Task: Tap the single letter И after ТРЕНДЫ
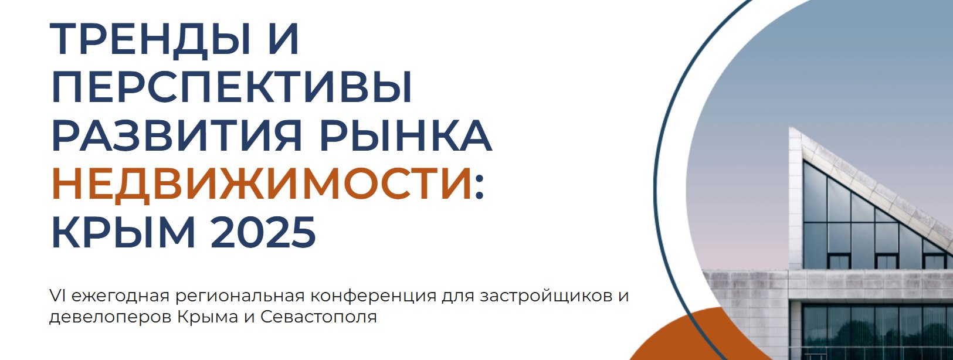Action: (284, 38)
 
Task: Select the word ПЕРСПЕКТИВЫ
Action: (232, 88)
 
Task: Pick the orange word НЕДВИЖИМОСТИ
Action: (262, 184)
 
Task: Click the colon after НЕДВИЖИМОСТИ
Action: (480, 188)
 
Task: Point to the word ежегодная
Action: (120, 297)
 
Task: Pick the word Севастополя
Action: (318, 317)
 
